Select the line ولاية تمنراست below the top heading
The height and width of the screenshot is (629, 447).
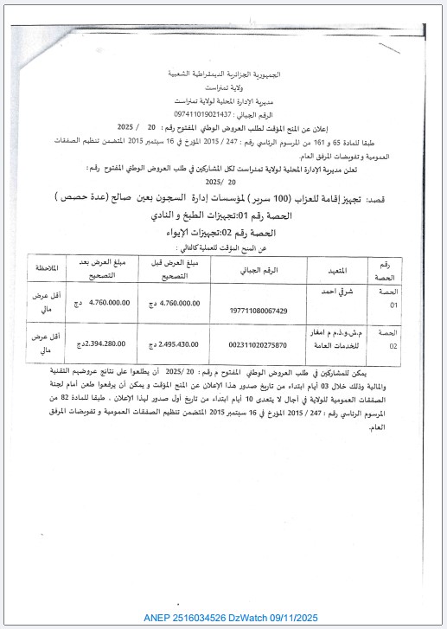[x=226, y=90]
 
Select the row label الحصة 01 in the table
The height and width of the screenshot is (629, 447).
[x=384, y=298]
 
